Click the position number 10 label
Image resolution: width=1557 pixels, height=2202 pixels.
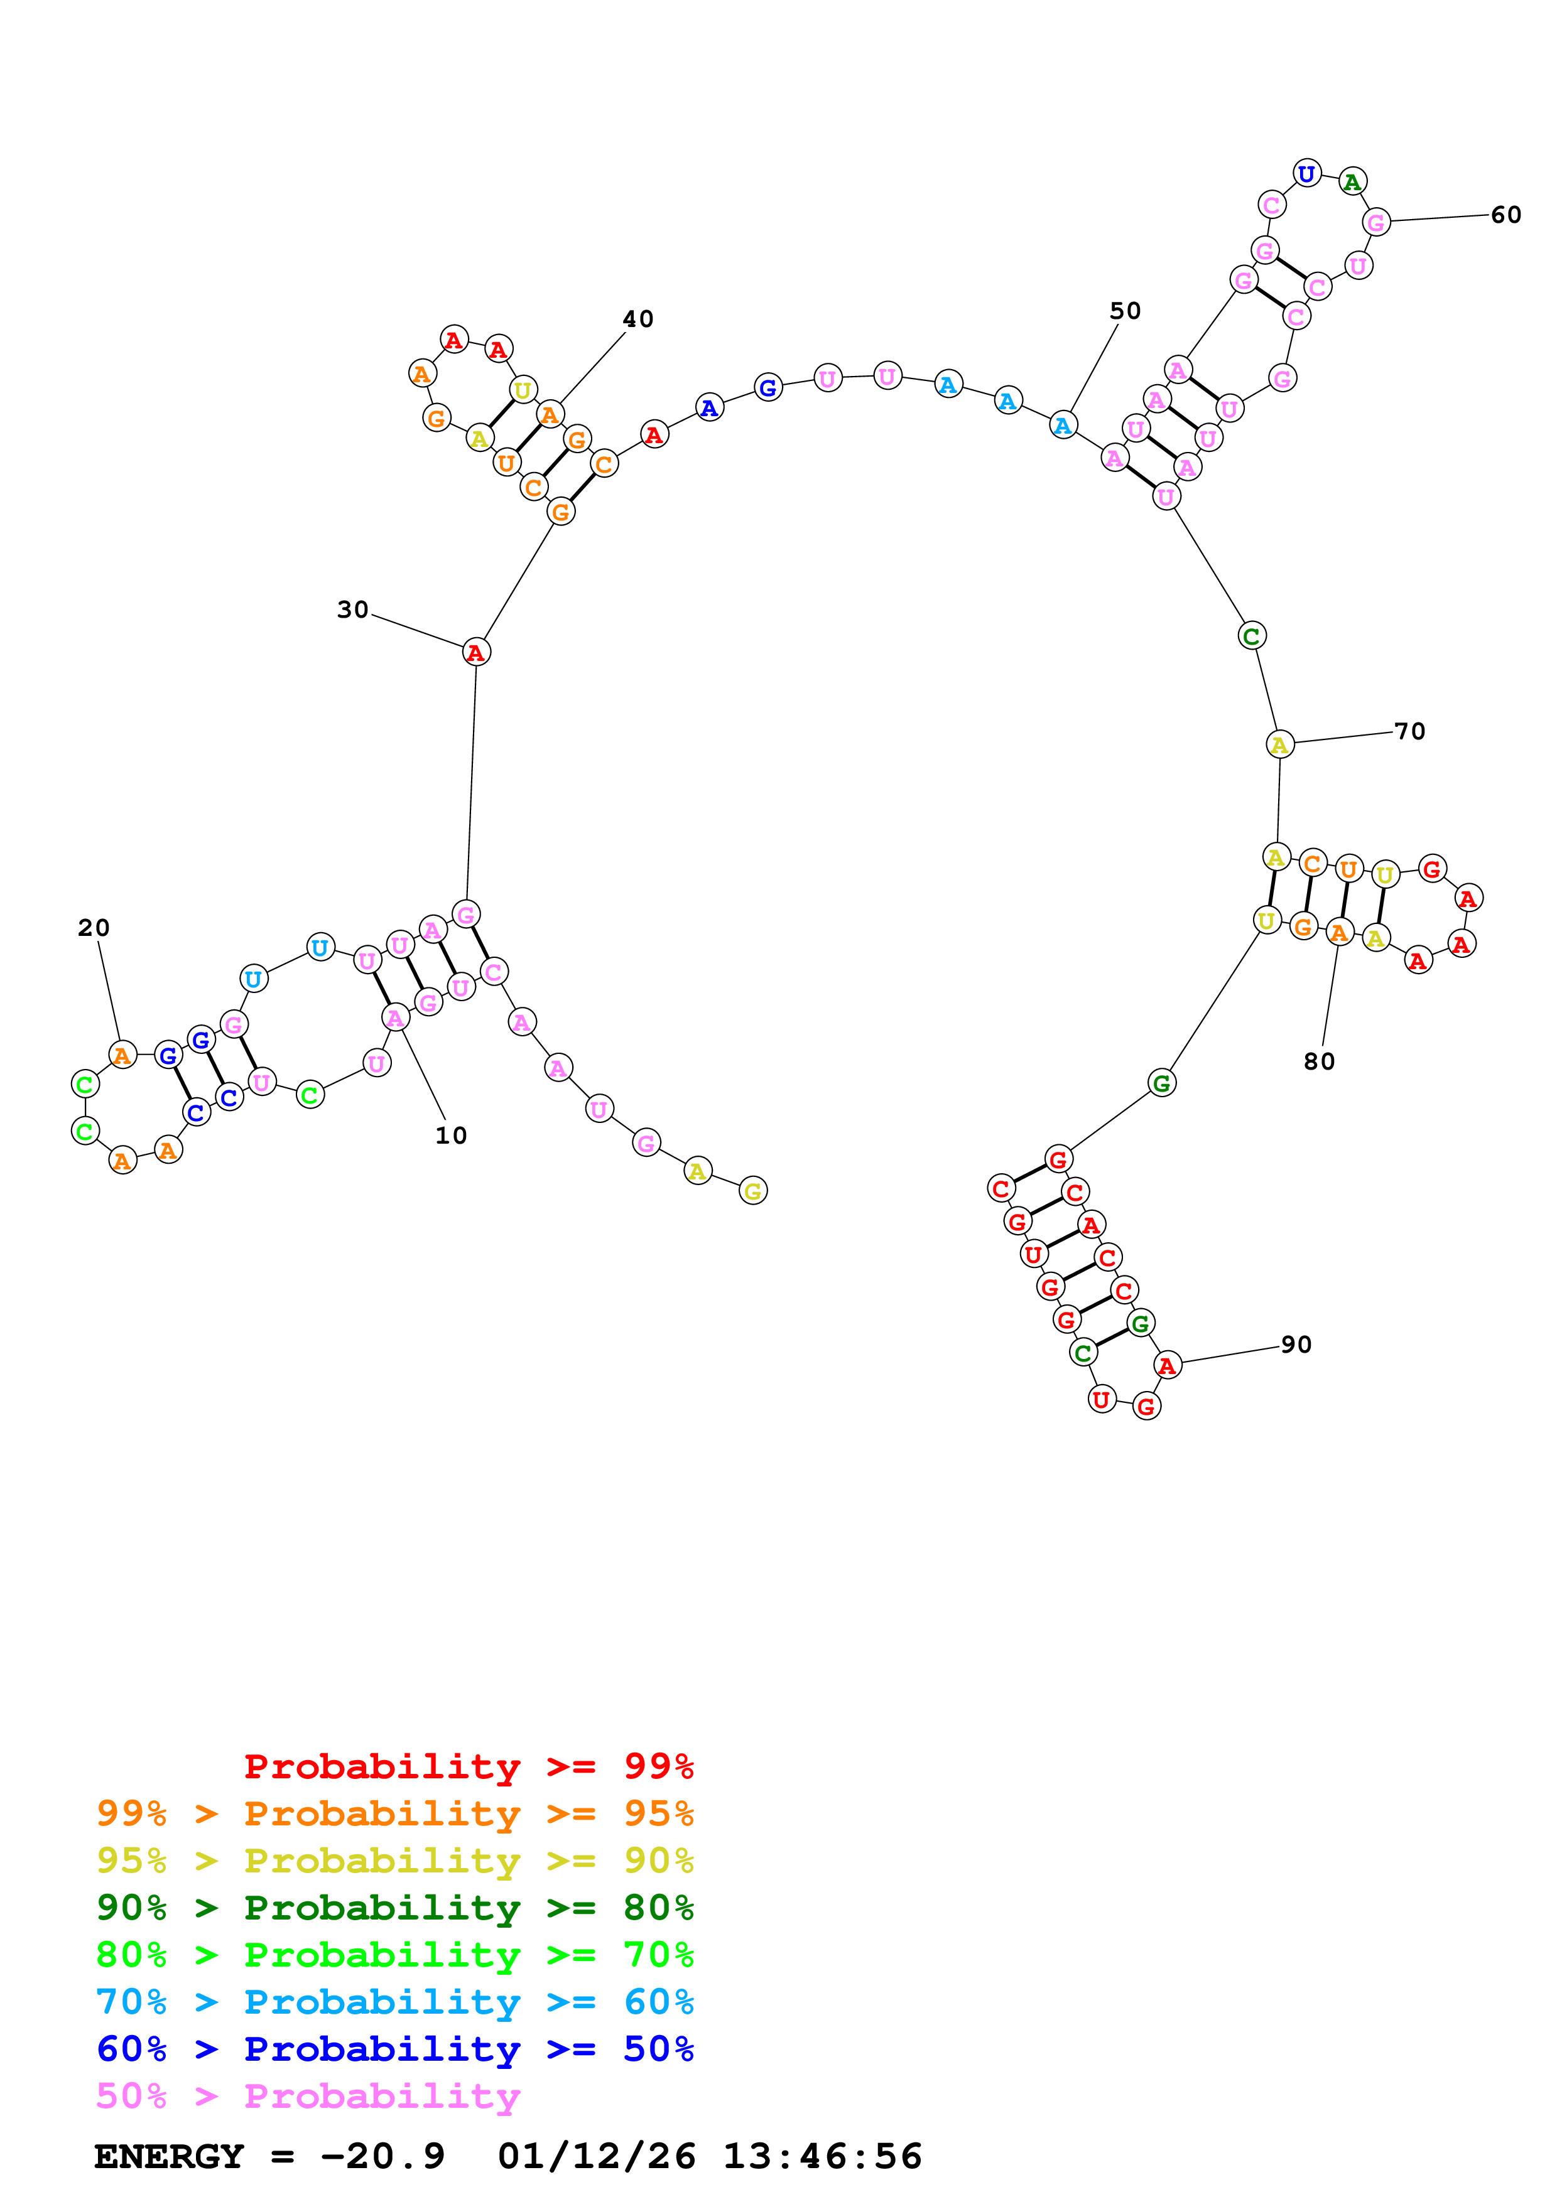(x=451, y=1136)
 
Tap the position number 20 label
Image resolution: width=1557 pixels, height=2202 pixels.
(x=94, y=927)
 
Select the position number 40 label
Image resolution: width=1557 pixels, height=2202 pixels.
(x=638, y=320)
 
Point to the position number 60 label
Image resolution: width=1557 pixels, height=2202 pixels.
(x=1505, y=215)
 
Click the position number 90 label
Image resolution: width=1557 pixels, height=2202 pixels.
(x=1296, y=1345)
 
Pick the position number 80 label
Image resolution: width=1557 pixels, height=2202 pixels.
(x=1319, y=1061)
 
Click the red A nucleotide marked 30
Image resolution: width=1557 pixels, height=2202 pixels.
(x=476, y=652)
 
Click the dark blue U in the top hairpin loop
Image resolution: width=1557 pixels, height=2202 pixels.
(x=1306, y=175)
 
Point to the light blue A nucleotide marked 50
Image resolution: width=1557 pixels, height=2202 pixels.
(x=1063, y=425)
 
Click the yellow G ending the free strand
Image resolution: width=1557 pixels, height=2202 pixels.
(x=753, y=1191)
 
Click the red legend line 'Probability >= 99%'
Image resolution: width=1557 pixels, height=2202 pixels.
(x=468, y=1766)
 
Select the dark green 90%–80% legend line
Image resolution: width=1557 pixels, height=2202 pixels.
(x=394, y=1908)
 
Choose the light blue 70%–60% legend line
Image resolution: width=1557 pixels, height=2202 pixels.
(x=394, y=2002)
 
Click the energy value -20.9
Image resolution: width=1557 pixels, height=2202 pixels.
(x=382, y=2157)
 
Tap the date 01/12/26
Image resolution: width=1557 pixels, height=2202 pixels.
(x=597, y=2157)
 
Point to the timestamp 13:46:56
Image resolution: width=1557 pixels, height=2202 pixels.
(x=822, y=2157)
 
